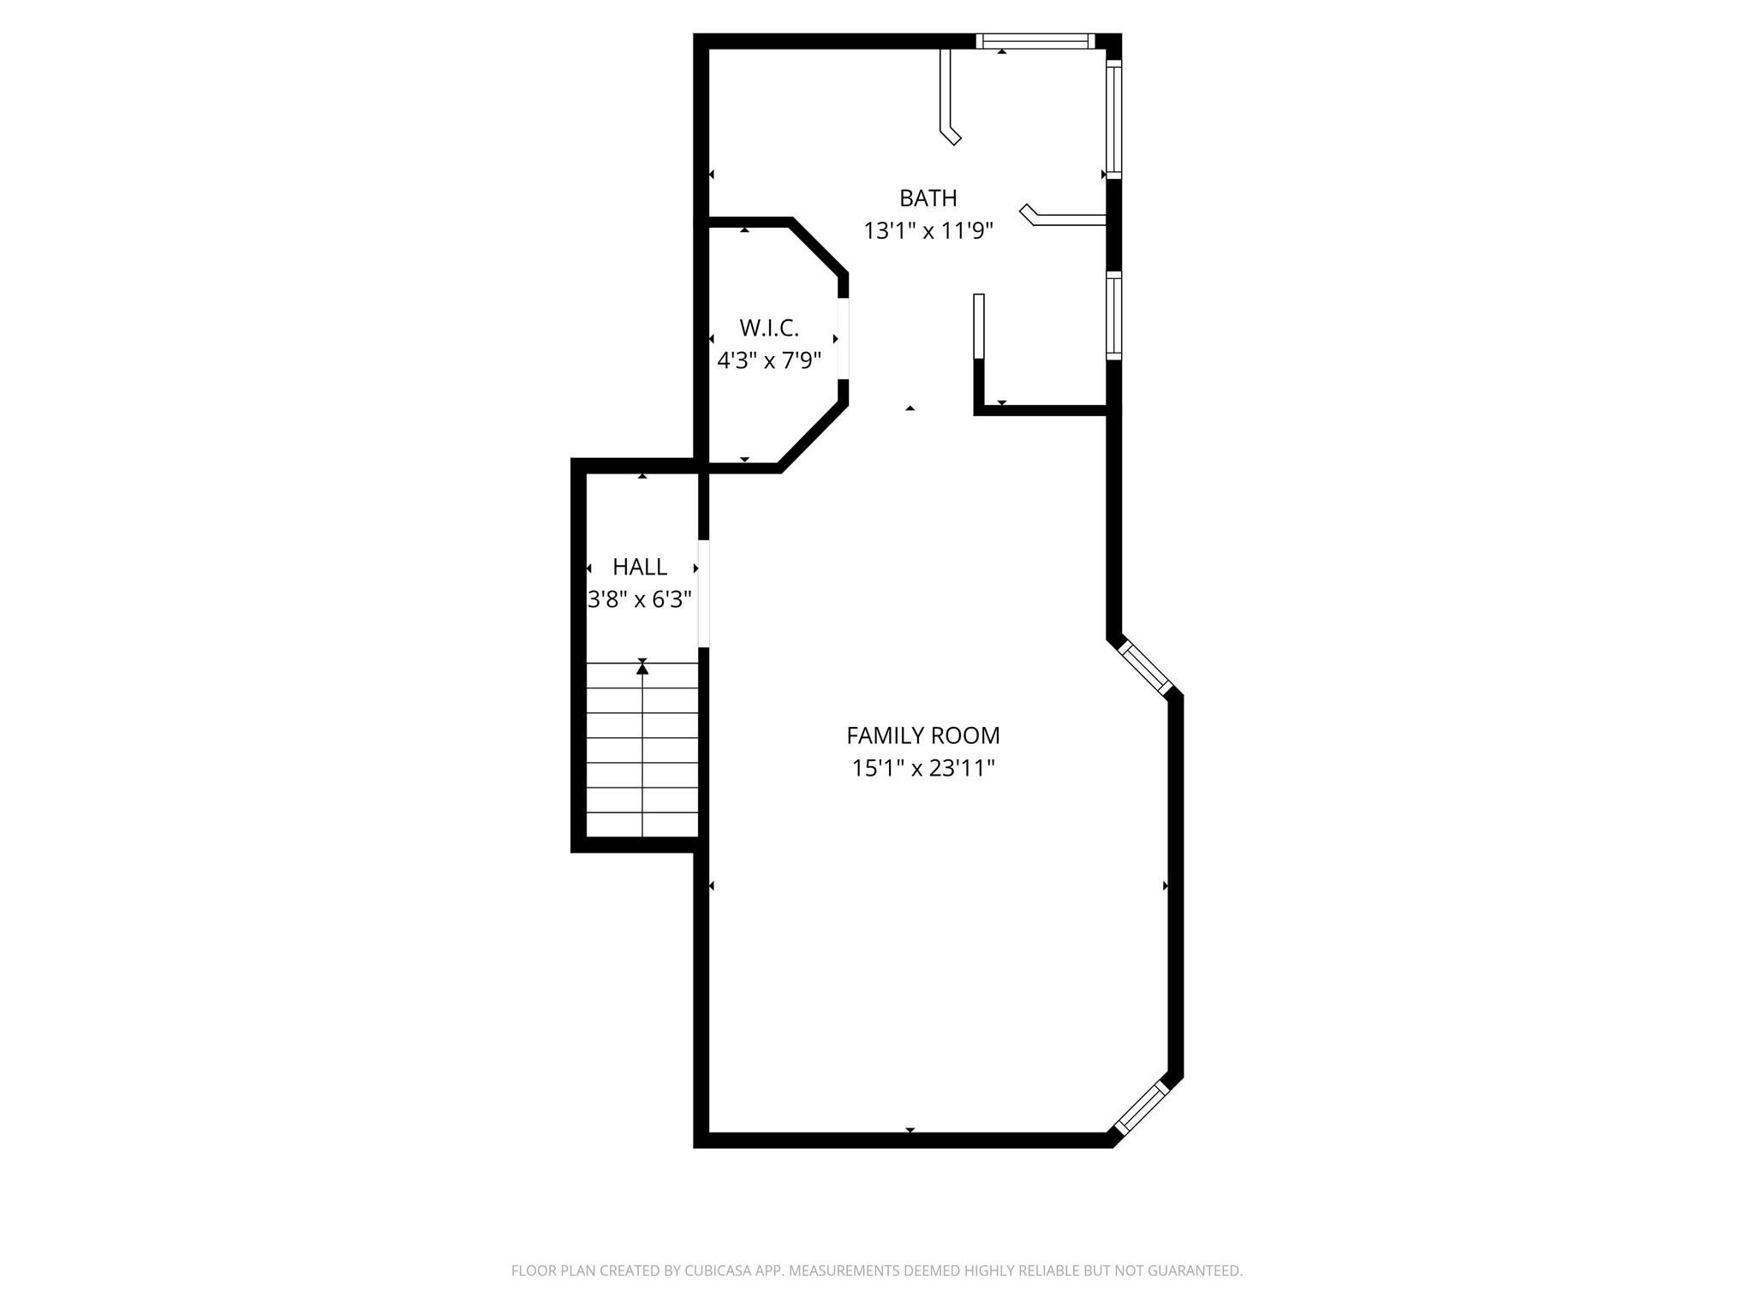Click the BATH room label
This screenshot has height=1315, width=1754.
click(x=928, y=198)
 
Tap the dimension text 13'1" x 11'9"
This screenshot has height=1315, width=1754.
click(x=928, y=231)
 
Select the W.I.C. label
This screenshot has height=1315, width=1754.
click(x=768, y=328)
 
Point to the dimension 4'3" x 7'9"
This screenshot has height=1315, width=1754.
click(x=768, y=360)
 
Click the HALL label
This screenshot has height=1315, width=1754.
click(x=640, y=567)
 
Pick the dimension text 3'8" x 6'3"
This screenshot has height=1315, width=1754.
click(x=640, y=599)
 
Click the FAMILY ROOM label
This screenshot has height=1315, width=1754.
click(x=922, y=735)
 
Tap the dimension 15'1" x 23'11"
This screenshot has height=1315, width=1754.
click(x=922, y=768)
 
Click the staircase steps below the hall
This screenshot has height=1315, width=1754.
click(x=642, y=762)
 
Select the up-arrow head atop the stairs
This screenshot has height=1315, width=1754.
click(x=642, y=669)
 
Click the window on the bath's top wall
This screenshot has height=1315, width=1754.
click(x=1035, y=40)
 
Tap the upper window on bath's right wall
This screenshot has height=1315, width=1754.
click(x=1113, y=120)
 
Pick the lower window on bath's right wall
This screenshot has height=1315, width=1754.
click(x=1113, y=316)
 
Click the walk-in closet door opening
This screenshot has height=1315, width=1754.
click(x=843, y=338)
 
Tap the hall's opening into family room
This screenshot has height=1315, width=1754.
click(x=703, y=593)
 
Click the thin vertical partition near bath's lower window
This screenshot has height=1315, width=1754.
click(x=979, y=326)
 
